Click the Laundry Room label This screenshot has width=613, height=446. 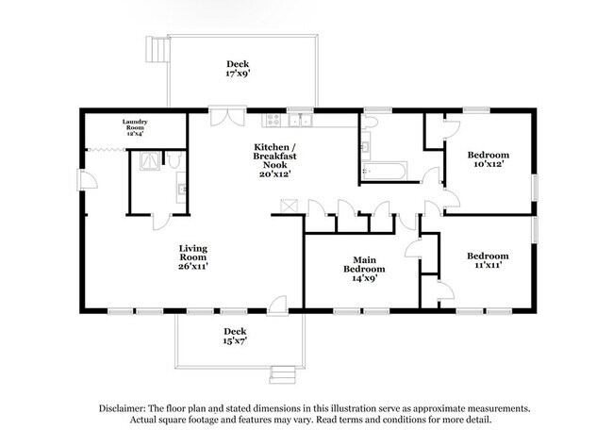[135, 127]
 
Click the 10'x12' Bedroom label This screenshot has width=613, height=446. [489, 159]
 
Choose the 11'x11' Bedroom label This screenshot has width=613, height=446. [489, 260]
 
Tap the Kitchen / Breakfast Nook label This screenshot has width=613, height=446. [277, 160]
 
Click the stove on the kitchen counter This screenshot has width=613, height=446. [273, 120]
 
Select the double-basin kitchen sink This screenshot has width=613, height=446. [301, 120]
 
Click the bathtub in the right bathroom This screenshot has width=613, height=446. [384, 171]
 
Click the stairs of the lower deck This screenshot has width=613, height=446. [280, 372]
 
